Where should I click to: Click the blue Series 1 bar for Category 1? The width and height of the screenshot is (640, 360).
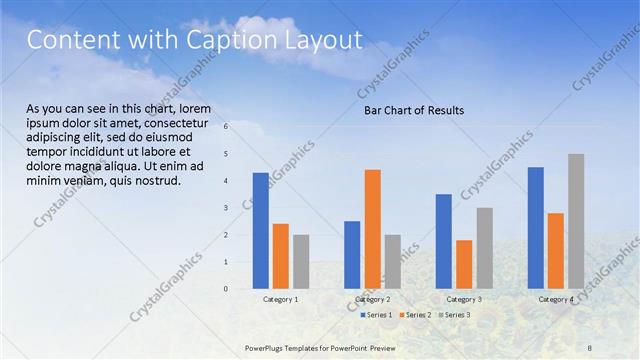[x=260, y=230]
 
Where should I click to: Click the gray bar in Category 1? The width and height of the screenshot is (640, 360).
[x=301, y=262]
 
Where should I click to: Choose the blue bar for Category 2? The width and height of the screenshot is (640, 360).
[x=352, y=255]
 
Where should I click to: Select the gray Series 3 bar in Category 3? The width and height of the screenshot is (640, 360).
[x=484, y=248]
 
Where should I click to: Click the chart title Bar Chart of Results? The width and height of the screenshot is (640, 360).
[x=413, y=110]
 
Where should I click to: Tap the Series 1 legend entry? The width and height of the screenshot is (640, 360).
[x=376, y=315]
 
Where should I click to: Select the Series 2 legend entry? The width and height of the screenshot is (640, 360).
[x=415, y=315]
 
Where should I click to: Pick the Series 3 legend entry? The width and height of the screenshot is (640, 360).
[x=454, y=315]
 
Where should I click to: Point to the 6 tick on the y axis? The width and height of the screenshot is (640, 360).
[x=226, y=126]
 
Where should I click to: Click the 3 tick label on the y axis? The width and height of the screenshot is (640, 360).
[x=226, y=208]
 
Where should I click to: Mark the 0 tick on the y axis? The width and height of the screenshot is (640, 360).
[x=226, y=289]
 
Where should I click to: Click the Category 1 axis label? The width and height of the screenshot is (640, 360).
[x=281, y=300]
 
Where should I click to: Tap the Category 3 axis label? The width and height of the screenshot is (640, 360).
[x=464, y=300]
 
